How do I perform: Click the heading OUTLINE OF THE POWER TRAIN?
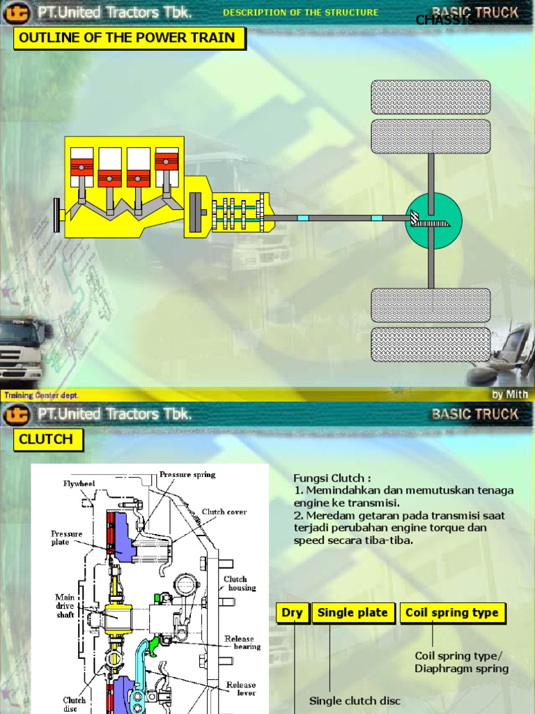click(130, 38)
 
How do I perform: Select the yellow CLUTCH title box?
click(47, 439)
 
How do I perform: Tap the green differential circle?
click(433, 221)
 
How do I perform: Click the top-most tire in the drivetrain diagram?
click(431, 97)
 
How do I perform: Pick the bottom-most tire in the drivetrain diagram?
click(431, 345)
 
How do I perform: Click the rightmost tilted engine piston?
click(166, 168)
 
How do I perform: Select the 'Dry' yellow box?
click(292, 613)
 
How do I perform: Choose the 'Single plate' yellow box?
click(352, 613)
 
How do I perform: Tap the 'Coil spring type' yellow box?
click(452, 613)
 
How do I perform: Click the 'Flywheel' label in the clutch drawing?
click(79, 483)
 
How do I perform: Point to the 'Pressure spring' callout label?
click(187, 475)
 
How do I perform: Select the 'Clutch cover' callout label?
click(224, 512)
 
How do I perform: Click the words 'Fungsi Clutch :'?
click(332, 478)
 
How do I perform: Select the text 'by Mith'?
click(509, 395)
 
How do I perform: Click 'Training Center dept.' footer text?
click(41, 395)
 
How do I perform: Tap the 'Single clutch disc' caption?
click(355, 701)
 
